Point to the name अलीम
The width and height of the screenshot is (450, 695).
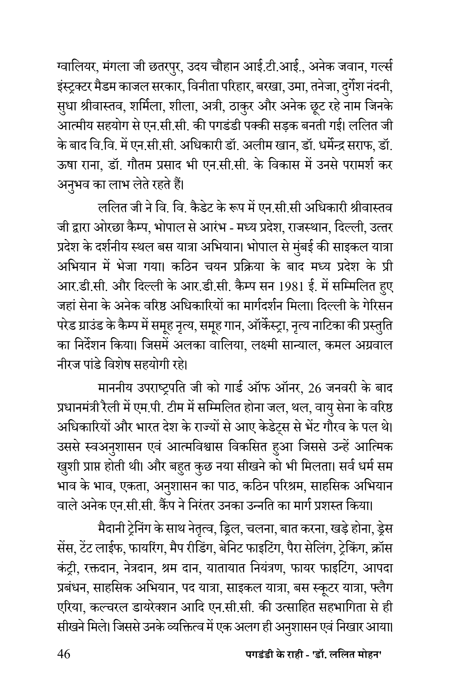click(x=257, y=146)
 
